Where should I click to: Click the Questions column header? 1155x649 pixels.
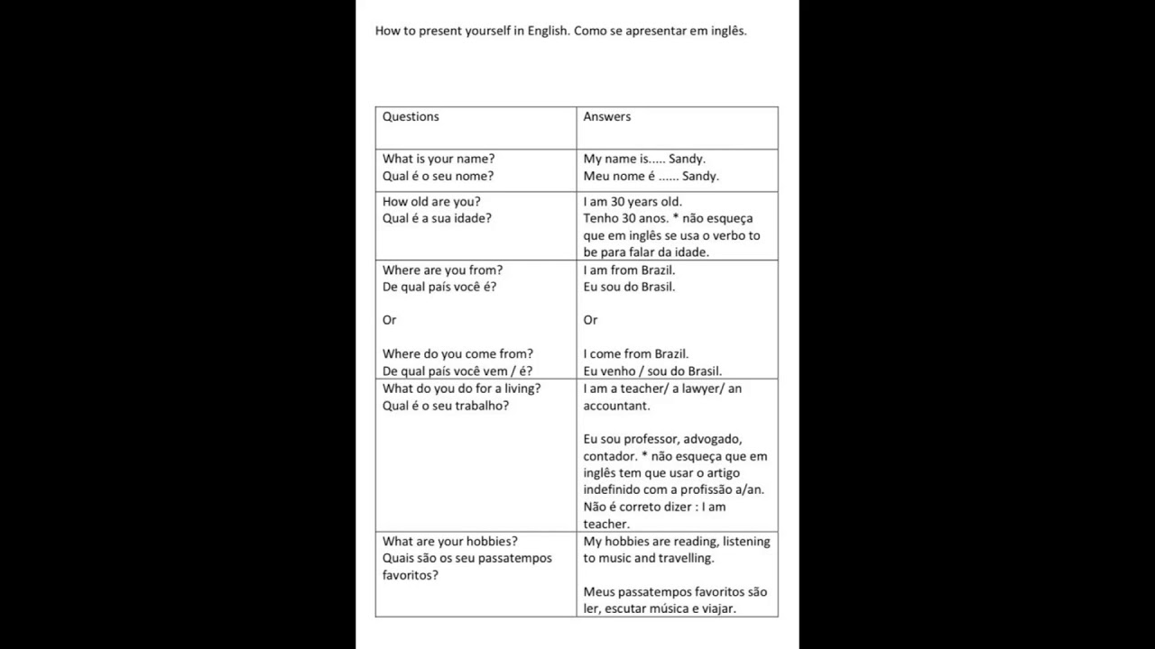(411, 116)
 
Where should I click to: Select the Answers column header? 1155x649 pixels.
(607, 116)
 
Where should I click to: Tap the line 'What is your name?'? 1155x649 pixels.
(439, 160)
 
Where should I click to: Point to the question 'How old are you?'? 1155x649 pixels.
(431, 202)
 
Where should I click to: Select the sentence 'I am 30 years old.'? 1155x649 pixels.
(633, 202)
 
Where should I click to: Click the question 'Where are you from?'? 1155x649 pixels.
(442, 270)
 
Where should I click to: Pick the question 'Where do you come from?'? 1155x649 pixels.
(457, 354)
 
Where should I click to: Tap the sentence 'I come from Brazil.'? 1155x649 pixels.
(636, 354)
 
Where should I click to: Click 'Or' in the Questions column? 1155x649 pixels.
(390, 320)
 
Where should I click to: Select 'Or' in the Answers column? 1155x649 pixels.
(590, 320)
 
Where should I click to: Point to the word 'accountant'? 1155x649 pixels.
(615, 406)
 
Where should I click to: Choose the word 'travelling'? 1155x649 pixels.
(686, 558)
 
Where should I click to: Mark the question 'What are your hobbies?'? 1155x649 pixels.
(450, 542)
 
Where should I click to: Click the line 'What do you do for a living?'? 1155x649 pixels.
(462, 388)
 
